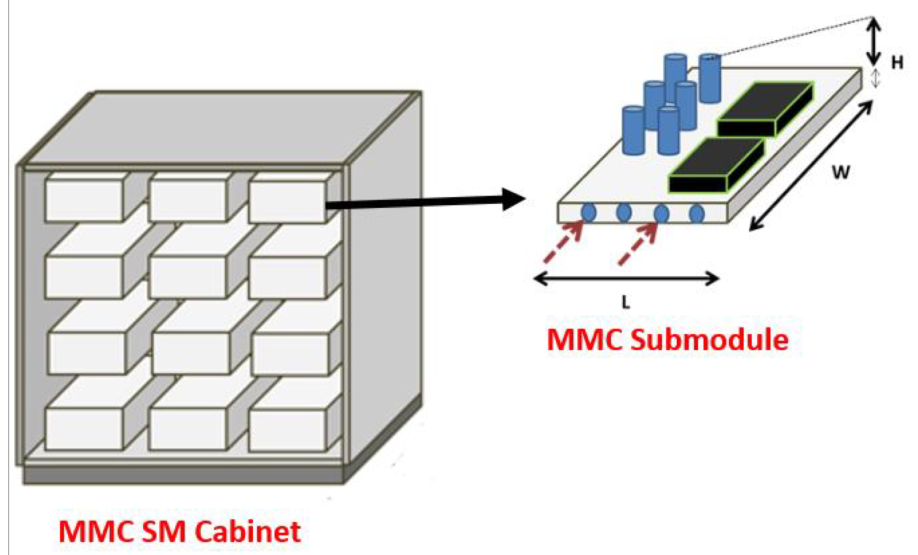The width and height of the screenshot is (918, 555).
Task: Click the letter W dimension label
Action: click(x=841, y=172)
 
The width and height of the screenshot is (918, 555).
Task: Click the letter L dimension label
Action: click(x=626, y=303)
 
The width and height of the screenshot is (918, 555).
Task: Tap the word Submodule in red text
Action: click(x=710, y=340)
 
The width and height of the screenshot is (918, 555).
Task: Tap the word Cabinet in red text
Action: click(x=248, y=531)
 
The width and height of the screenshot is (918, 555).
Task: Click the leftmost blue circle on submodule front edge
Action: click(x=588, y=213)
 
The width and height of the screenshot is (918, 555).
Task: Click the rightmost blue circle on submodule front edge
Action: click(x=696, y=213)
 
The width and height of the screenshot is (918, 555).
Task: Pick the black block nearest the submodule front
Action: click(x=715, y=166)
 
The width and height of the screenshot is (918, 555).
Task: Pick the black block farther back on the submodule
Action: click(x=764, y=110)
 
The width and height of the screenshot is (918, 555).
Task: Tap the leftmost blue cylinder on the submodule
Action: click(x=633, y=130)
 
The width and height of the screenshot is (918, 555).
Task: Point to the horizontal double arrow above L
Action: click(x=626, y=278)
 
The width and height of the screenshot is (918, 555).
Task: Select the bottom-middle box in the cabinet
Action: click(x=187, y=429)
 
